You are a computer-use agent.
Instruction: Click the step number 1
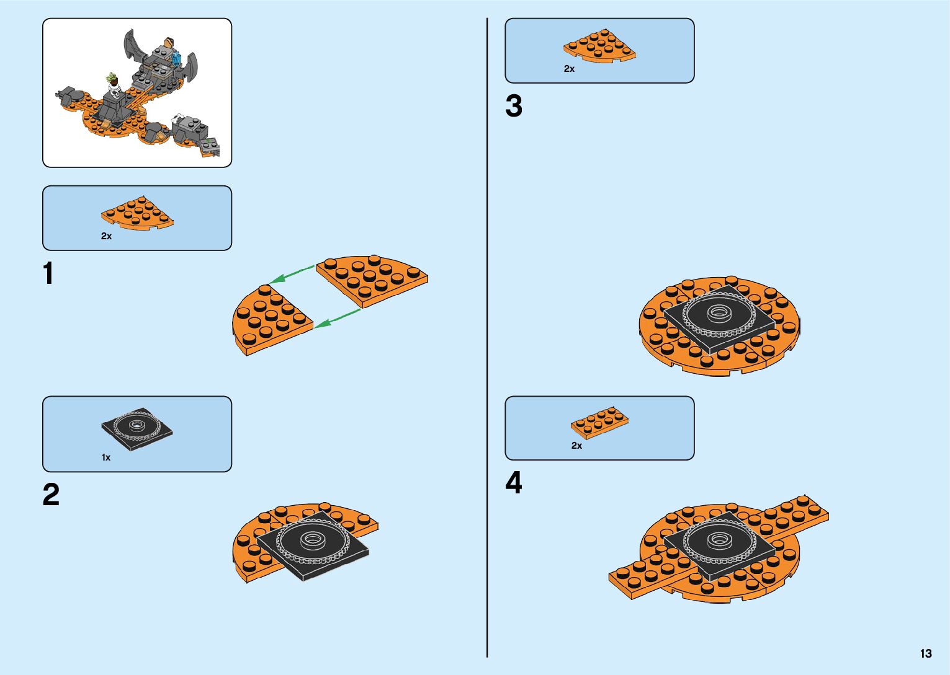point(48,274)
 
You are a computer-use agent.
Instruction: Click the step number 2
point(51,495)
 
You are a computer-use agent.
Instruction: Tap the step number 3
point(514,106)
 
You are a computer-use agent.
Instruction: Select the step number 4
point(514,483)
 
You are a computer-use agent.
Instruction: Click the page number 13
point(926,653)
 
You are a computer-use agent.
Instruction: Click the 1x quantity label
point(106,457)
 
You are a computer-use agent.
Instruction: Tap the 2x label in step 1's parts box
point(106,236)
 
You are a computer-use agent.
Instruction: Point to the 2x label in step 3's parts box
point(569,69)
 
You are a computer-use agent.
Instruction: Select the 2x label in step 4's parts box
point(576,446)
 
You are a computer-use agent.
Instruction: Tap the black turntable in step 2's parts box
point(137,426)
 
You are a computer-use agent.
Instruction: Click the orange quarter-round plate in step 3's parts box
point(599,45)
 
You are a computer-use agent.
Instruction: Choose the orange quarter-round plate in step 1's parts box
point(137,213)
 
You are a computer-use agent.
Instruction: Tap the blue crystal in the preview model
point(177,59)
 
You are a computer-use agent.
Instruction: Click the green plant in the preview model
point(112,79)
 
